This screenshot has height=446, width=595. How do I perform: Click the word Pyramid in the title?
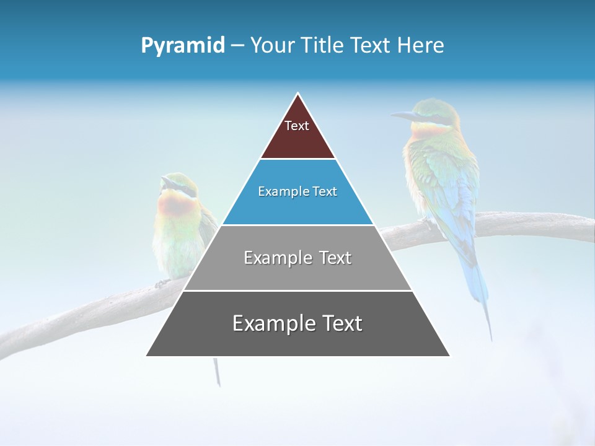[182, 46]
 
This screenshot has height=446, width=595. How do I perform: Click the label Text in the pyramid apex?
[297, 126]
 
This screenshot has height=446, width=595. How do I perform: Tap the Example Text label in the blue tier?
[297, 191]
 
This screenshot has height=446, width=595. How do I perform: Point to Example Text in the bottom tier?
[297, 323]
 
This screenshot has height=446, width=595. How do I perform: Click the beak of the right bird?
[403, 115]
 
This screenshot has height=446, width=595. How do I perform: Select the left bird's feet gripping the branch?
[162, 283]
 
